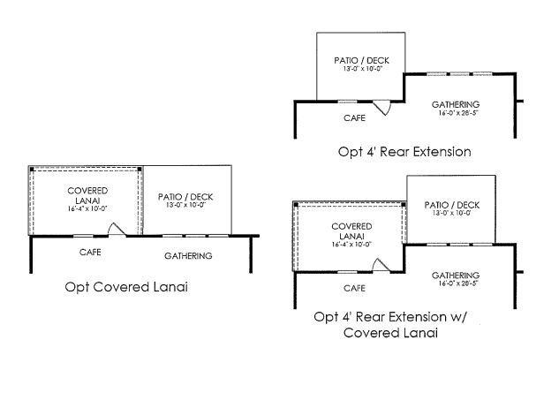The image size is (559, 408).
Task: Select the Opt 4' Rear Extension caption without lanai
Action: pos(404,151)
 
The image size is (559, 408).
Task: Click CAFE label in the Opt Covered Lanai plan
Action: pos(89,253)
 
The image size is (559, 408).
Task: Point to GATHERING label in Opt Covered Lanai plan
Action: pos(188,255)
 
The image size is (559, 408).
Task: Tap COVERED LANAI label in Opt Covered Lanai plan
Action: pos(87,196)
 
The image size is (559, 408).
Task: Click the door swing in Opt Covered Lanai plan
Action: pos(116,229)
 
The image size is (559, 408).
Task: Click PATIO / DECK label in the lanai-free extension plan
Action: pos(361,61)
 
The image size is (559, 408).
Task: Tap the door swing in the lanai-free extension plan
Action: pos(382,107)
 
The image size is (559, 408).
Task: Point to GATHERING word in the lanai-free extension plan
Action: pos(456,103)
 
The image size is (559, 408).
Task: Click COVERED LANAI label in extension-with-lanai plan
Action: pos(351,230)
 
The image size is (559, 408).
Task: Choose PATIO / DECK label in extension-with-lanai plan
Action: pos(451,205)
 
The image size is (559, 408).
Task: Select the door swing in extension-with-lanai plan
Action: pos(381,265)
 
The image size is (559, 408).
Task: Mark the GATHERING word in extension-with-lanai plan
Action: pos(456,275)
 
